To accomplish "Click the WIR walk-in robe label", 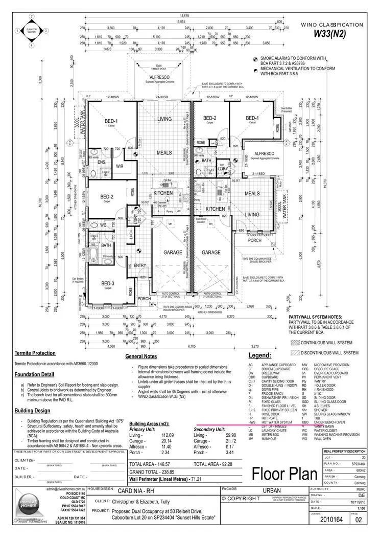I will pos(120,166).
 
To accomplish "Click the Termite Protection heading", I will pos(34,353).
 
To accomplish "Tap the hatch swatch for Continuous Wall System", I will pos(295,342).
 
